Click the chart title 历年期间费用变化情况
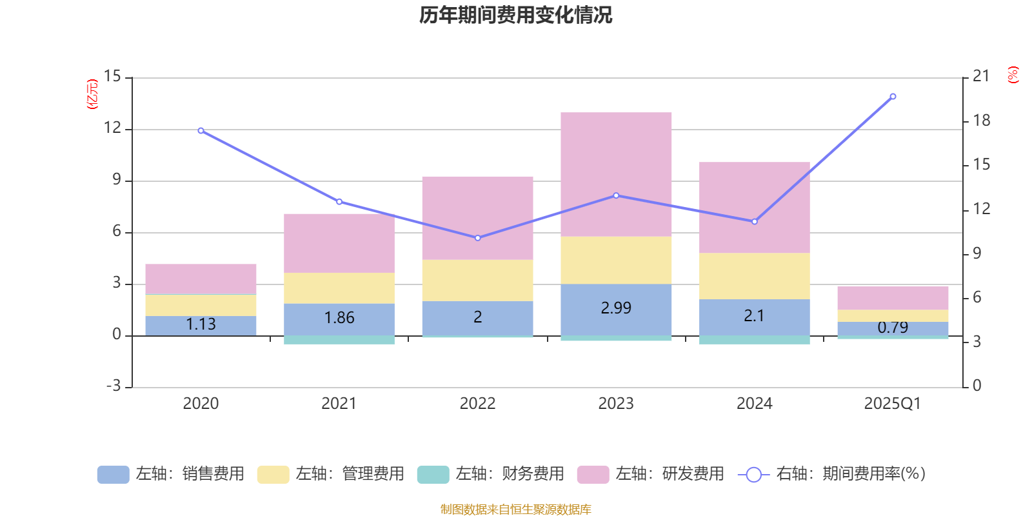(515, 15)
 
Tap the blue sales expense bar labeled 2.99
(616, 308)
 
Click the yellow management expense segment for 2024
(754, 275)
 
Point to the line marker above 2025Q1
(893, 97)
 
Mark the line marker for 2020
(201, 130)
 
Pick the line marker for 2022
(477, 238)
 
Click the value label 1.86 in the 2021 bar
(339, 318)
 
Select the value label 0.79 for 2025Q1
(893, 328)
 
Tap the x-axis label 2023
(616, 404)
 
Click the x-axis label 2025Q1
(892, 404)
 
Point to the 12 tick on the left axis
(113, 128)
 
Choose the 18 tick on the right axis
(981, 121)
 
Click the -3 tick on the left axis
(113, 386)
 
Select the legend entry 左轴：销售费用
(171, 474)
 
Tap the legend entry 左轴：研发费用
(651, 474)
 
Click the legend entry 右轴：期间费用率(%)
(831, 474)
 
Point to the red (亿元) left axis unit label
(92, 94)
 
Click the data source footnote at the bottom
(515, 510)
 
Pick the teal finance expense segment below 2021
(339, 340)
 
